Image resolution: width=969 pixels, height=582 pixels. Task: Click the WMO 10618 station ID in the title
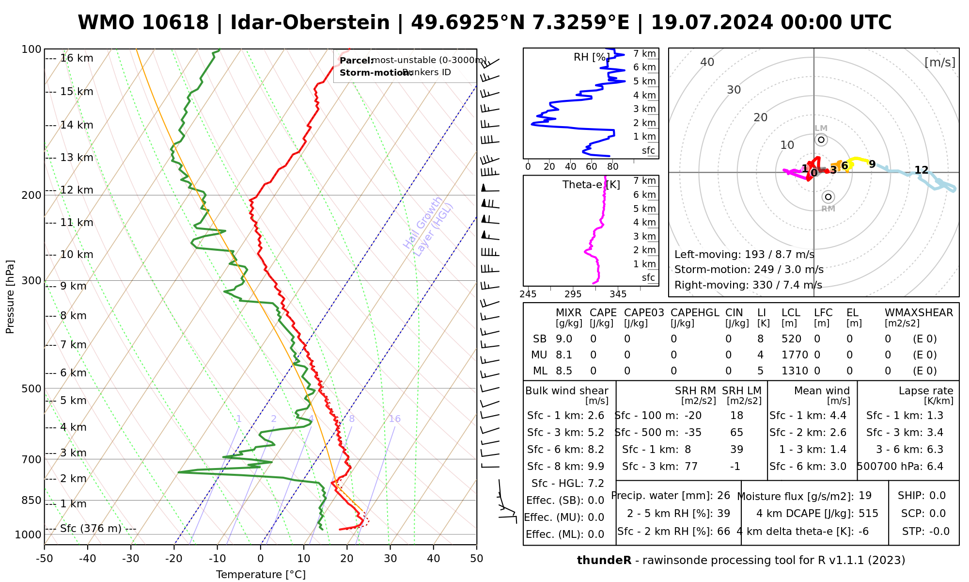[x=143, y=23]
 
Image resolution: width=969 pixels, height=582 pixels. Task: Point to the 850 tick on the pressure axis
[x=32, y=500]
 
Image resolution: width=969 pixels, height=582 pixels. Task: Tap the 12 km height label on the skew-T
[x=77, y=190]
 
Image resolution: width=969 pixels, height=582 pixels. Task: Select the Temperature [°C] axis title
[x=261, y=575]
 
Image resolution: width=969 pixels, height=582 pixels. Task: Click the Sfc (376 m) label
[x=91, y=528]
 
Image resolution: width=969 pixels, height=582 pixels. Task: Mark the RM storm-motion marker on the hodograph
[x=828, y=196]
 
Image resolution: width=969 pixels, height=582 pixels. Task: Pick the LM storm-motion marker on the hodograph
[x=821, y=140]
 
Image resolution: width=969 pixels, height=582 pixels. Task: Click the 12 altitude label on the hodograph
[x=921, y=170]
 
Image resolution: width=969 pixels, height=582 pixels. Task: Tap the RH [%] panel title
[x=591, y=57]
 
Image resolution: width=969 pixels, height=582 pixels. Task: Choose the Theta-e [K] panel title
[x=591, y=185]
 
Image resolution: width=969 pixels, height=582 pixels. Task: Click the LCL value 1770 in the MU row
[x=795, y=355]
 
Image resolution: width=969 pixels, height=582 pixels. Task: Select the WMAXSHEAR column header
[x=919, y=313]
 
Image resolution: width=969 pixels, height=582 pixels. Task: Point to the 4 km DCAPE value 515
[x=868, y=514]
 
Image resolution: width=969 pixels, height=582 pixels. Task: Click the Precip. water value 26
[x=723, y=496]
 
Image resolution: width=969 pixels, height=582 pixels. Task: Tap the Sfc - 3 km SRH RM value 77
[x=691, y=467]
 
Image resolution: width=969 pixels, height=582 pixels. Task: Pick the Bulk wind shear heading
[x=566, y=391]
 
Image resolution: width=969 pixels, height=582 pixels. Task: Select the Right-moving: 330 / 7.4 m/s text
[x=748, y=285]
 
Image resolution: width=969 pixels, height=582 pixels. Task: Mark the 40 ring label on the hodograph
[x=707, y=62]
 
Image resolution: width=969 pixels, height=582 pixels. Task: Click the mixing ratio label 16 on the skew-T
[x=394, y=419]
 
